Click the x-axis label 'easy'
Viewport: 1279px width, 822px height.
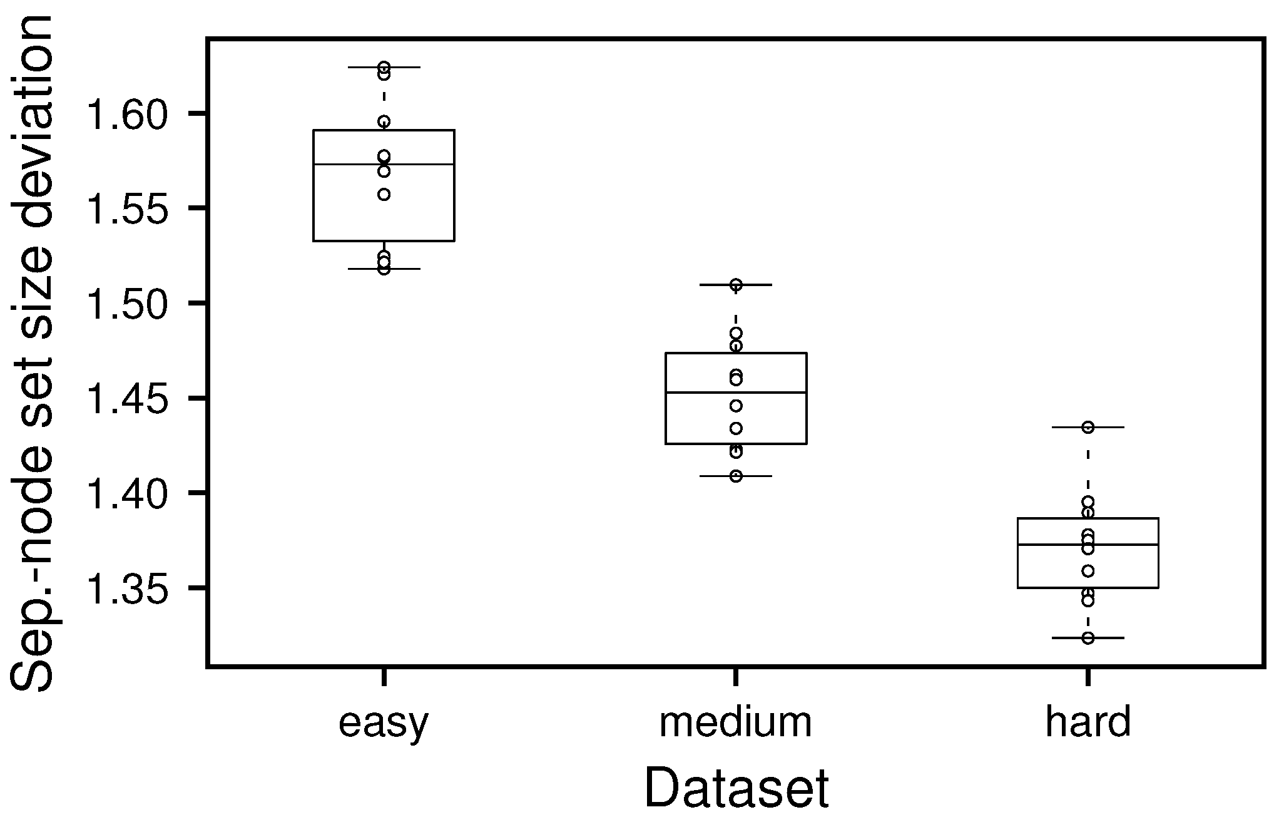click(384, 723)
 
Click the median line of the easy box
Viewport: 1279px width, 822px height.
click(413, 164)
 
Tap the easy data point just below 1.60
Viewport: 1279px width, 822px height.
click(384, 121)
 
